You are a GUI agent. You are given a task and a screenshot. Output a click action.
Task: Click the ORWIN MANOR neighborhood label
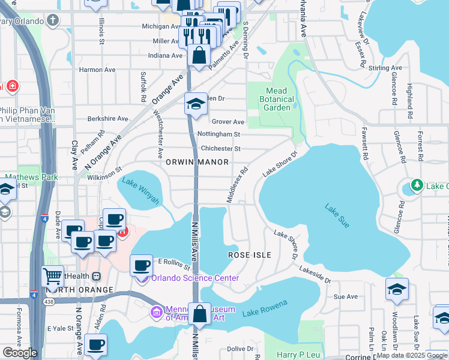[197, 162]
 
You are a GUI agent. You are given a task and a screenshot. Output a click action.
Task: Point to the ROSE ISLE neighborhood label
[250, 255]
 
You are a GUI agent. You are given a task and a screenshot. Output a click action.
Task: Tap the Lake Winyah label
[140, 191]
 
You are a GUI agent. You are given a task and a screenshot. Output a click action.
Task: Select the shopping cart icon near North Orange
[53, 277]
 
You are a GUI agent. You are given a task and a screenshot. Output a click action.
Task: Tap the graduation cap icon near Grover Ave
[196, 104]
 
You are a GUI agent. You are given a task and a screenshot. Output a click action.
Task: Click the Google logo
[20, 353]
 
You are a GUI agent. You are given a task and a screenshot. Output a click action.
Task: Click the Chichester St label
[221, 148]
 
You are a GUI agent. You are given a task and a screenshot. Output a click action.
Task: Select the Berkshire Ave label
[109, 119]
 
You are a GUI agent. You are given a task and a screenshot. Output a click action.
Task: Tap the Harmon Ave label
[97, 70]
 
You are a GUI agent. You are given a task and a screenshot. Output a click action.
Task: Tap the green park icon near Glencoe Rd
[415, 186]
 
